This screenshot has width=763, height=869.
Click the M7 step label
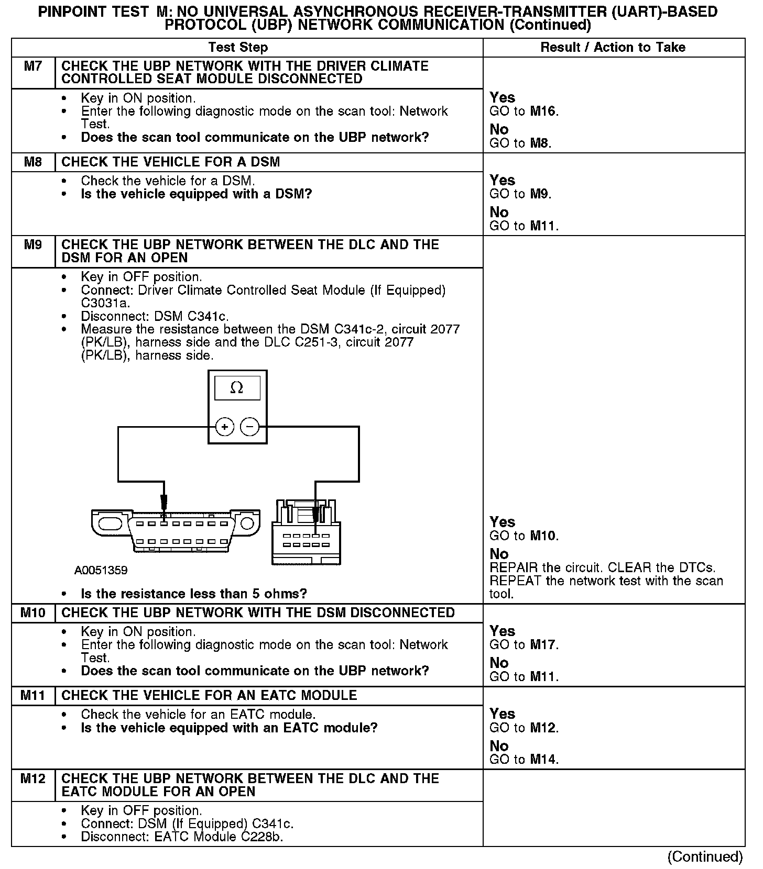click(33, 66)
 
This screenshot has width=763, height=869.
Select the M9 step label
click(33, 245)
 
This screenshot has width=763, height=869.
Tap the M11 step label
click(33, 695)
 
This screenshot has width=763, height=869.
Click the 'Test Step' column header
click(238, 48)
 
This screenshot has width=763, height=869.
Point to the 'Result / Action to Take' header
click(613, 48)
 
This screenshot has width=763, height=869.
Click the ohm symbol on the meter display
click(237, 388)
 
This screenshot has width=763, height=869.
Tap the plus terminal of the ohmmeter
click(224, 427)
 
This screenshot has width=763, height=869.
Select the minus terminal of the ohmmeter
click(249, 427)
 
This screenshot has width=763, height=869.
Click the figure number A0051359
click(101, 570)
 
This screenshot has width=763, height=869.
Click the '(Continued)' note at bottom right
click(705, 856)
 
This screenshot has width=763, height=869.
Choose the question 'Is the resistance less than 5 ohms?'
click(194, 594)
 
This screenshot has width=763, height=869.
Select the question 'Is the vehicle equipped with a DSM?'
click(197, 194)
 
